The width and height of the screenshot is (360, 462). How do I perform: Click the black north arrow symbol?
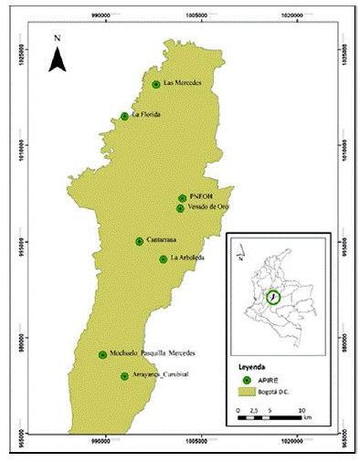(57, 60)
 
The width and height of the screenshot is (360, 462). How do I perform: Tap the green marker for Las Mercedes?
(156, 84)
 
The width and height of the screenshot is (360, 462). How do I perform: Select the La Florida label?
(146, 115)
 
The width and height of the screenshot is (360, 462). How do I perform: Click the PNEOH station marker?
(183, 198)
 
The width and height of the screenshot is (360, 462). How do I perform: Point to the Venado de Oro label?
(207, 207)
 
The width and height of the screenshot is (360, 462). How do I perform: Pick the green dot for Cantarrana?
(139, 241)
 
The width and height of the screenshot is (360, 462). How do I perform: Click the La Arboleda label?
(187, 258)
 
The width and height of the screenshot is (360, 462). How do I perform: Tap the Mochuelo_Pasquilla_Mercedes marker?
(102, 354)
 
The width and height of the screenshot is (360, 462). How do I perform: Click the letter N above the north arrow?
(57, 37)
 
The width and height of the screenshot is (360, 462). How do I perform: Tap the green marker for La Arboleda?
(163, 258)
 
